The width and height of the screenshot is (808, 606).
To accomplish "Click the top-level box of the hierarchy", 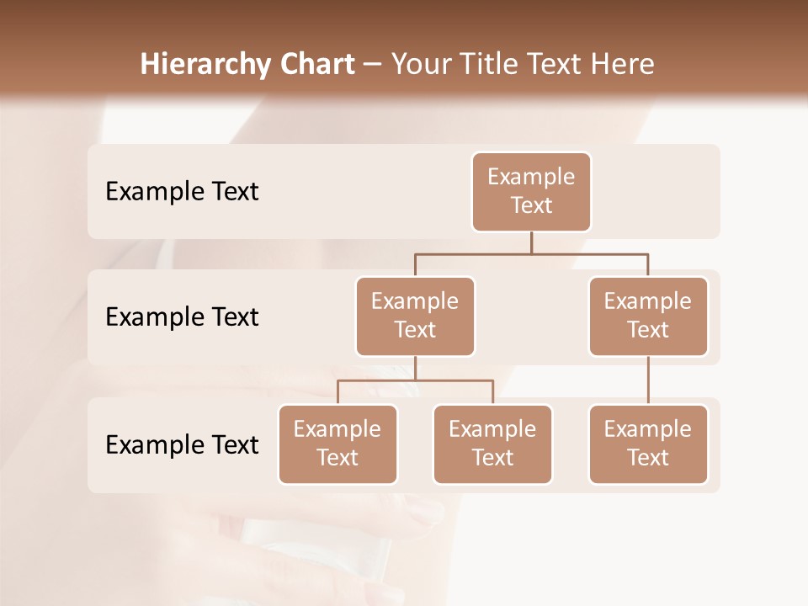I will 531,192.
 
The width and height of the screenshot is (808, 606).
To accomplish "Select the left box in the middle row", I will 415,316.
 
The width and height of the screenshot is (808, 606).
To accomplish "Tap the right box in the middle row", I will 648,316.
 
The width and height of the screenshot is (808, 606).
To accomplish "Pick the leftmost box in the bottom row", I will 338,444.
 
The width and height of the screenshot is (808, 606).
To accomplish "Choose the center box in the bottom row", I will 492,444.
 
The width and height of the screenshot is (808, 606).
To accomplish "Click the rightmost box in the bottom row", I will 648,444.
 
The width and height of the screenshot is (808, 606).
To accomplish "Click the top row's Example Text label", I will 182,192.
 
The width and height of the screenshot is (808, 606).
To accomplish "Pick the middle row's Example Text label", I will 182,317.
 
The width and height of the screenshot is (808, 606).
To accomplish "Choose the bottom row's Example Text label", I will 182,445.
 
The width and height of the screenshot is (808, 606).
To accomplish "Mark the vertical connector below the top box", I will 531,242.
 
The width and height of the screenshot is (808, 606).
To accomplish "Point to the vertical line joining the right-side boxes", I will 648,380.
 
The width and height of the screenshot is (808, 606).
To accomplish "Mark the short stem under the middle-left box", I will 415,368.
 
